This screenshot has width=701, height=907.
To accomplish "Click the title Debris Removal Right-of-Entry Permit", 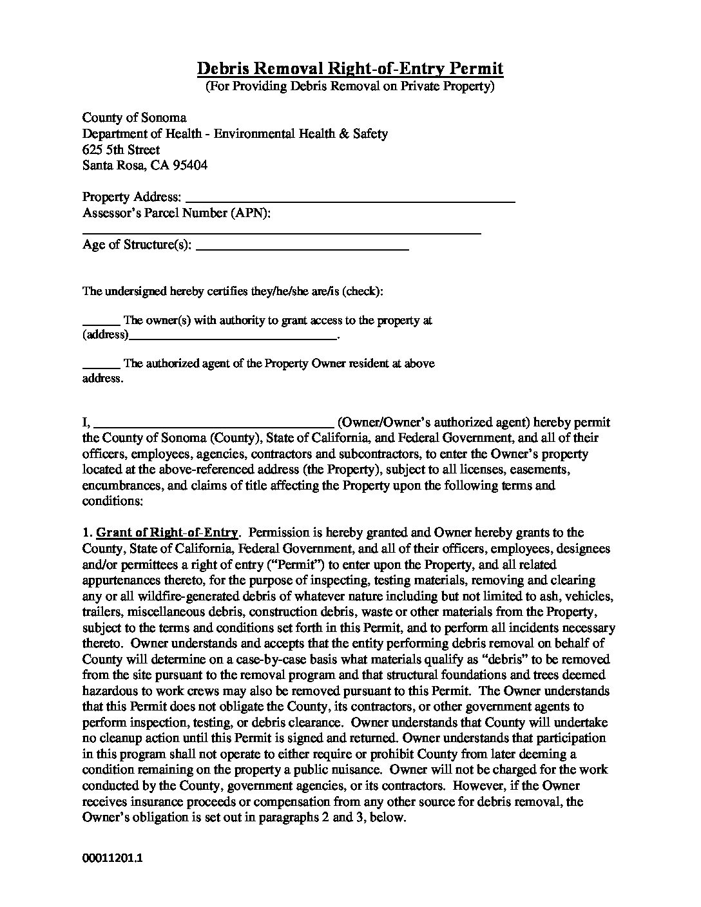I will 350,68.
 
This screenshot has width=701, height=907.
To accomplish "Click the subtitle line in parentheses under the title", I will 350,86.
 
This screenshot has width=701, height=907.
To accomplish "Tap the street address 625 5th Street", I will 121,149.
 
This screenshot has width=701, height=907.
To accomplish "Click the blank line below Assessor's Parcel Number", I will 282,230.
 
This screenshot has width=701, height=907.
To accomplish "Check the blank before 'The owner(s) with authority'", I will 101,321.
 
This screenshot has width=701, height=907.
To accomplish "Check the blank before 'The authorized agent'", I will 101,364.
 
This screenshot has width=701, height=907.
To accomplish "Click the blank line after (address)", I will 233,336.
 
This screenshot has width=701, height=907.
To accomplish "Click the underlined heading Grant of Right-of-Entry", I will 168,533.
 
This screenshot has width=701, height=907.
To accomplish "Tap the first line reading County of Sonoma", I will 134,118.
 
